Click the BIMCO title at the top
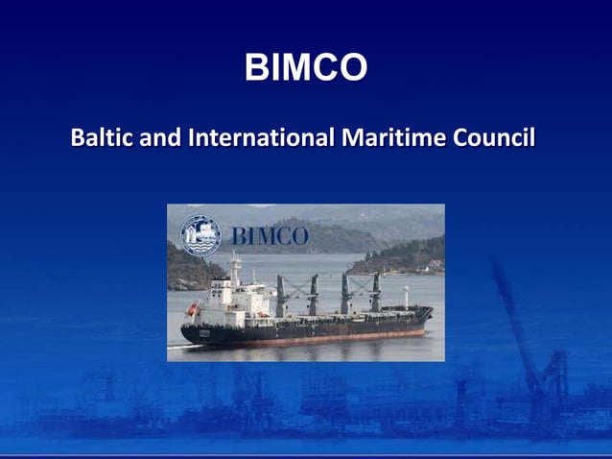[x=306, y=68]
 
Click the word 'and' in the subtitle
[x=162, y=138]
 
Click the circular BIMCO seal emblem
[x=200, y=234]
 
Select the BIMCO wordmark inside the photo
[x=270, y=236]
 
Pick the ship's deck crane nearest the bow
[x=375, y=290]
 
